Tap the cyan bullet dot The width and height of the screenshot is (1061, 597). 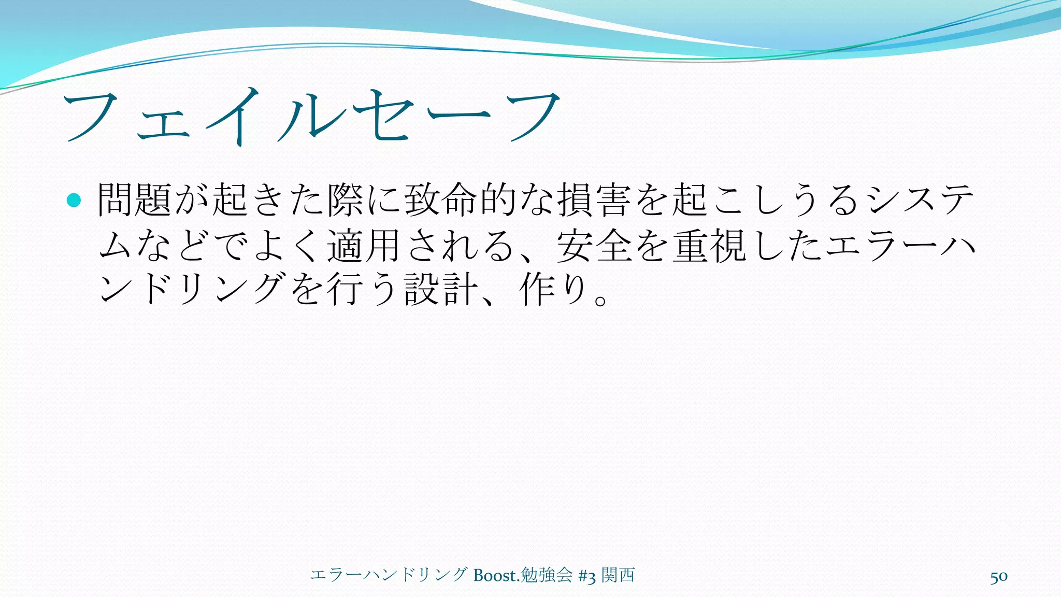(x=74, y=200)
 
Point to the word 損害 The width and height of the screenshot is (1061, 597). (x=595, y=200)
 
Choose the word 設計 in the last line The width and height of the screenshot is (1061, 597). (x=441, y=289)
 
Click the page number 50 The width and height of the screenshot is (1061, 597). (x=999, y=577)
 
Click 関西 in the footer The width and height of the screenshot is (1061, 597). (x=618, y=575)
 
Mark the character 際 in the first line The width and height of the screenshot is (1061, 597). (x=345, y=200)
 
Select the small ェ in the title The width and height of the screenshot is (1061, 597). (x=163, y=124)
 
